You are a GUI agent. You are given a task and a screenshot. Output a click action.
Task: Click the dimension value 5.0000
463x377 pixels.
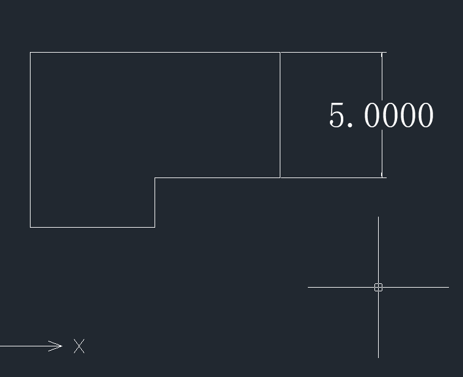(381, 115)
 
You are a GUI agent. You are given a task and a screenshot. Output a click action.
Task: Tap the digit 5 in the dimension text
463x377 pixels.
(337, 115)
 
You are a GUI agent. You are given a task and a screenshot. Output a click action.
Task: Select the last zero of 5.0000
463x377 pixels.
(426, 115)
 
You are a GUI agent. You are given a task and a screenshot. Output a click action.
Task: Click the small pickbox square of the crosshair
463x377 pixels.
(378, 287)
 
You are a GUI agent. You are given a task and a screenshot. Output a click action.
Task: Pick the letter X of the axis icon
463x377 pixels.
(79, 346)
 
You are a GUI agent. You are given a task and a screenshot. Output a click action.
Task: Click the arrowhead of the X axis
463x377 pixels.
(56, 346)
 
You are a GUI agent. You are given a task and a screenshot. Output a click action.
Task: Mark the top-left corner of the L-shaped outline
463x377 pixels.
(30, 53)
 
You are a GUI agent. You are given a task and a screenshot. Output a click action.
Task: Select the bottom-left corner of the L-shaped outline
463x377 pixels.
(30, 227)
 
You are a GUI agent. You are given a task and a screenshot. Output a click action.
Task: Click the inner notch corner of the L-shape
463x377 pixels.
(155, 178)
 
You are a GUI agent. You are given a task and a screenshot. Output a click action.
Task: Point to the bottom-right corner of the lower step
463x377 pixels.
(155, 227)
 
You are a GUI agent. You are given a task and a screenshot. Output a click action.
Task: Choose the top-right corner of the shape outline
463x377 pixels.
(280, 53)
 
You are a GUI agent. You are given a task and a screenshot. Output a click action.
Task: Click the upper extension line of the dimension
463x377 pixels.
(334, 53)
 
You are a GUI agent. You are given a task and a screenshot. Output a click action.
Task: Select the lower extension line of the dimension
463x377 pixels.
(334, 178)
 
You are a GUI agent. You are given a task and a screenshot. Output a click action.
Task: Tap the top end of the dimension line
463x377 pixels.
(382, 53)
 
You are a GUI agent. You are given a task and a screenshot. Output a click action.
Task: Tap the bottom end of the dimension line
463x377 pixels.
(382, 177)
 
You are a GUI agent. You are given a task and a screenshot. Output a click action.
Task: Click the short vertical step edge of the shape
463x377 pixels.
(155, 203)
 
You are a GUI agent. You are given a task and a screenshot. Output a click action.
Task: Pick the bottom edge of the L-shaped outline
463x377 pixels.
(92, 227)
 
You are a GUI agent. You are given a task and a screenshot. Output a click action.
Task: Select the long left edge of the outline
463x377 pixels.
(30, 140)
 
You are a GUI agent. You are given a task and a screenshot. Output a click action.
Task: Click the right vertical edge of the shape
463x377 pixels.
(280, 115)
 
